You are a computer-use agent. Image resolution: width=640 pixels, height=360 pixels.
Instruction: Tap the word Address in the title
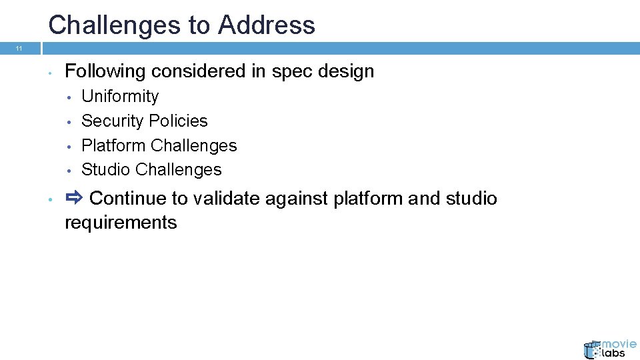pyautogui.click(x=267, y=25)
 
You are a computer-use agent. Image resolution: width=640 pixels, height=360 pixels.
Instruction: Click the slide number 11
pyautogui.click(x=19, y=49)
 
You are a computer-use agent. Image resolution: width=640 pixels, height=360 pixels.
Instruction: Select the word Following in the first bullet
pyautogui.click(x=105, y=71)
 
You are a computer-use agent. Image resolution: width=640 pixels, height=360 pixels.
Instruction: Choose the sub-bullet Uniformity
pyautogui.click(x=120, y=97)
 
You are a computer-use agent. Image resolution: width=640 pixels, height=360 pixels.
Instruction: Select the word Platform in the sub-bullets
pyautogui.click(x=113, y=145)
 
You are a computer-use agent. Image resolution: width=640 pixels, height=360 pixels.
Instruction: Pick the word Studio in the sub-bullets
pyautogui.click(x=105, y=170)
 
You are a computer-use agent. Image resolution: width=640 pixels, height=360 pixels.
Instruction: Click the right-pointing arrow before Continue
pyautogui.click(x=73, y=197)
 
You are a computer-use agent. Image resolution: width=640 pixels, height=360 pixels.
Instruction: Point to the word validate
pyautogui.click(x=227, y=199)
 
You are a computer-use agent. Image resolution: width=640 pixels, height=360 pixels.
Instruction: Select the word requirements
pyautogui.click(x=121, y=223)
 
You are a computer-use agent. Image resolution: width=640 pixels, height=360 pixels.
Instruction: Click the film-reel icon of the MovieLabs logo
pyautogui.click(x=593, y=349)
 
